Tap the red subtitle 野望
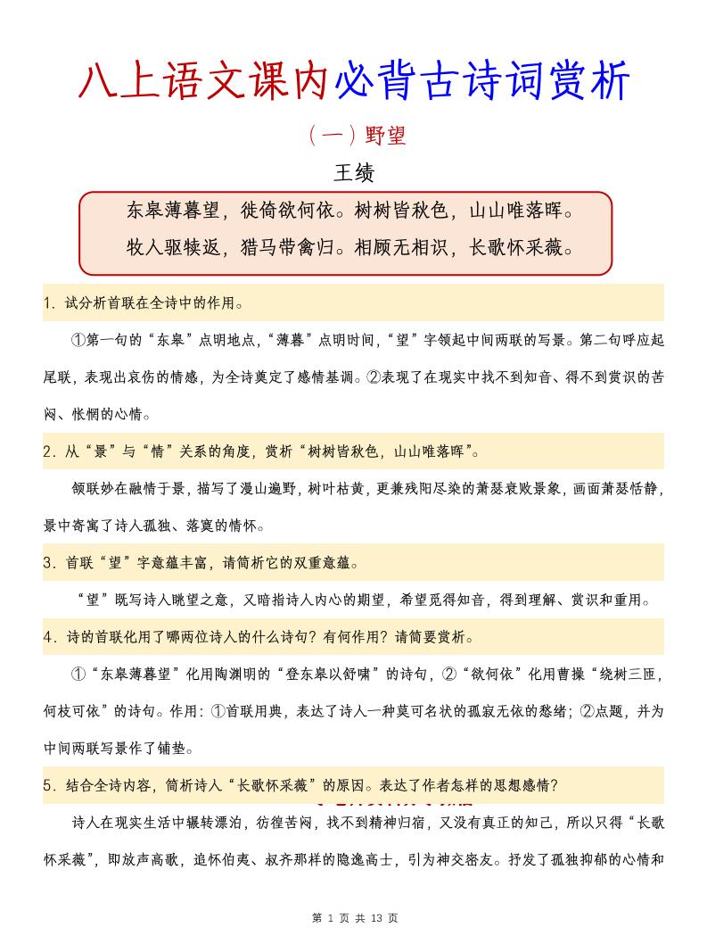click(385, 136)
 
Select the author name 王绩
click(353, 172)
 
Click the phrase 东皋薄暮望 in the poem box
click(173, 211)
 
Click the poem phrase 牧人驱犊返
click(173, 247)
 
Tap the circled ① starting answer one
click(77, 341)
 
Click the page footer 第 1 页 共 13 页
click(353, 917)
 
